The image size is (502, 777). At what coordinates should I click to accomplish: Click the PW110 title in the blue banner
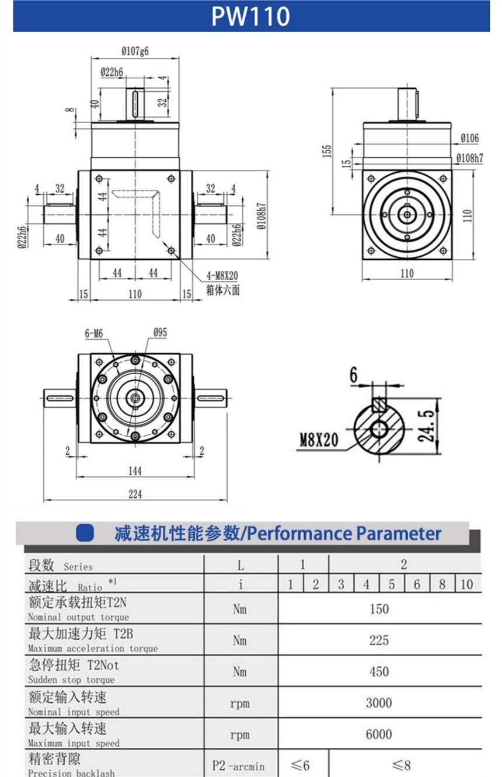(250, 16)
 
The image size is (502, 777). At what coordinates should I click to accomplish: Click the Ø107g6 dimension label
(135, 51)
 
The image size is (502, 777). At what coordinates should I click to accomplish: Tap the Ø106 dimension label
(469, 138)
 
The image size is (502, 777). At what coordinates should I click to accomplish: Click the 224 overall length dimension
(135, 494)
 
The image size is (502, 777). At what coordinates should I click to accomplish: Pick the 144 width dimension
(135, 471)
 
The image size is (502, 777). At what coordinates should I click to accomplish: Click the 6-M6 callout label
(93, 333)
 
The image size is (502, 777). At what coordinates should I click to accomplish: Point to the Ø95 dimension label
(160, 333)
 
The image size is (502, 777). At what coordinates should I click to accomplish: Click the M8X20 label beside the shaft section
(319, 439)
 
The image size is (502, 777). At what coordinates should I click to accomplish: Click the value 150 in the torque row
(379, 609)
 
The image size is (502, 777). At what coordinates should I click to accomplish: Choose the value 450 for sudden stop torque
(379, 672)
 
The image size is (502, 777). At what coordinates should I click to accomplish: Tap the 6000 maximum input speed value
(379, 734)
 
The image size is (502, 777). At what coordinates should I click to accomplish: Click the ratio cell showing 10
(466, 584)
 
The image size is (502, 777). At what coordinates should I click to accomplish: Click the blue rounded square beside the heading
(86, 533)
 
